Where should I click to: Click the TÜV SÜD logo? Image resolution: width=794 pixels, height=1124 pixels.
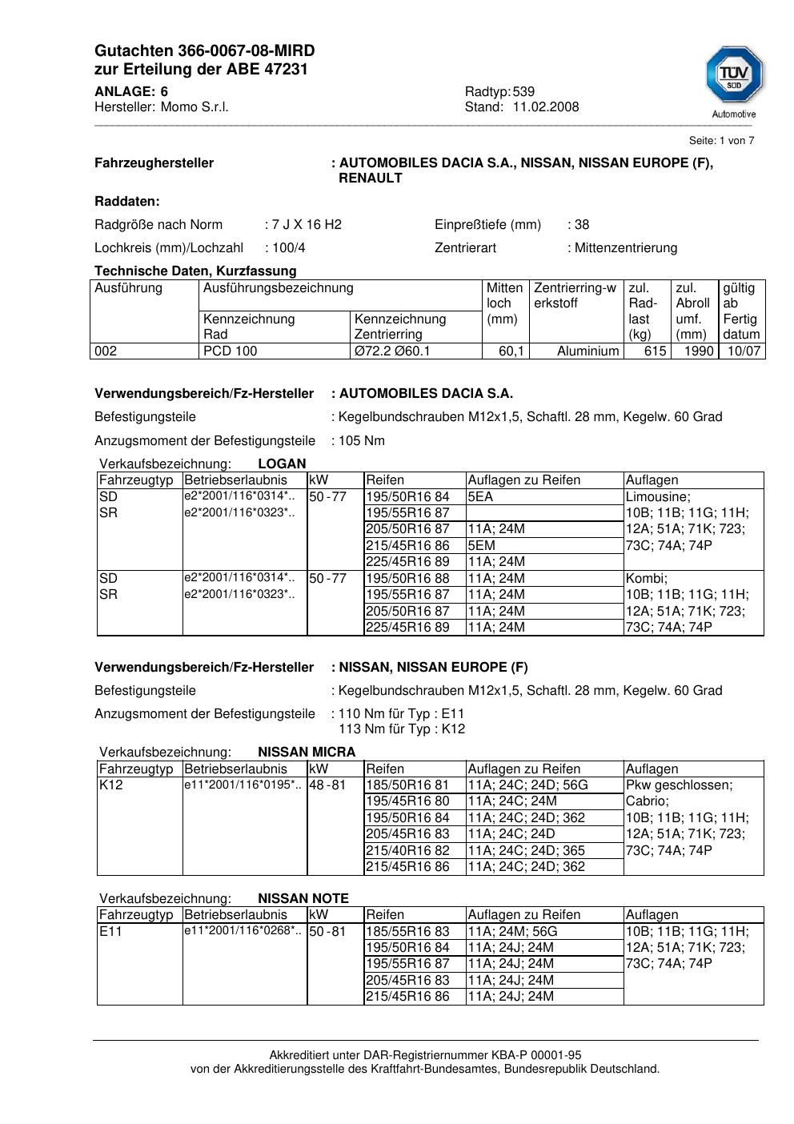(x=734, y=78)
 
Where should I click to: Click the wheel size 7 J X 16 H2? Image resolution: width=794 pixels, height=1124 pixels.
(x=307, y=225)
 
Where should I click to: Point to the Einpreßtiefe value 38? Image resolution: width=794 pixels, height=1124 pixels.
(x=582, y=225)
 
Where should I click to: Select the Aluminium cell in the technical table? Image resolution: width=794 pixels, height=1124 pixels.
(x=587, y=351)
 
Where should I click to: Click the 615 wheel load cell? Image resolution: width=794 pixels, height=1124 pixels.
(x=655, y=351)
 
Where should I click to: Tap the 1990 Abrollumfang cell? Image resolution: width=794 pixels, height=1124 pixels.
(x=698, y=351)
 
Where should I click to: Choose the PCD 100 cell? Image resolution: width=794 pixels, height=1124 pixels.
(x=231, y=351)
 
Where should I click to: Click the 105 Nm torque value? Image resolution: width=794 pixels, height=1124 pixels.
(x=362, y=441)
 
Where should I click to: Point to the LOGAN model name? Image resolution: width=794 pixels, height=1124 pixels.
(x=282, y=464)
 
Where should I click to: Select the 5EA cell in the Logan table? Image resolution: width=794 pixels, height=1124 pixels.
(x=480, y=497)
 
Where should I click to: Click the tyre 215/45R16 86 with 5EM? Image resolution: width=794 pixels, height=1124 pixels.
(x=407, y=546)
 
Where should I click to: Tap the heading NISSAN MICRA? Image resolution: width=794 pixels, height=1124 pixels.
(x=307, y=753)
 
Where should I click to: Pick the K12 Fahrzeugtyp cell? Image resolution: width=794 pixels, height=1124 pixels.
(x=111, y=785)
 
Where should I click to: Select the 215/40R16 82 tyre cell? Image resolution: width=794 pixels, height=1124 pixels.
(x=407, y=851)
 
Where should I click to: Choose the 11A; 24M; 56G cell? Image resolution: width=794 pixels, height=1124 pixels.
(x=512, y=932)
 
